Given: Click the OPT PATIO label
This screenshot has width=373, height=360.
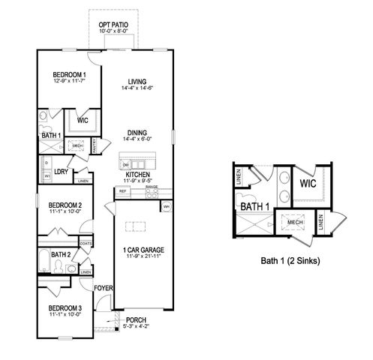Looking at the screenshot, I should (x=113, y=25).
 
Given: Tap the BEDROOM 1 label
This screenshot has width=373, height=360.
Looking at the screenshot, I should (x=69, y=75).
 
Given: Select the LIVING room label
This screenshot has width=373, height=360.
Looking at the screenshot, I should (x=137, y=82).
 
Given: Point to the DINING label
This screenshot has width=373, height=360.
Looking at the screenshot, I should (x=137, y=132).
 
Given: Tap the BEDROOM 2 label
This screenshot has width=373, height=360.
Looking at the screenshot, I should (x=65, y=205).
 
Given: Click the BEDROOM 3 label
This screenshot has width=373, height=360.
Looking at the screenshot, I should (x=65, y=308).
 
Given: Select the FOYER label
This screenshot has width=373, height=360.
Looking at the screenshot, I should (x=102, y=288).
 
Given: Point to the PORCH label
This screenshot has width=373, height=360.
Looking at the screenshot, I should (x=136, y=319).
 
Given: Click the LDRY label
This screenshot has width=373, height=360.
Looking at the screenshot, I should (x=62, y=171).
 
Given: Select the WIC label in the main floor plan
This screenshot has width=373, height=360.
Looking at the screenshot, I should (x=83, y=120).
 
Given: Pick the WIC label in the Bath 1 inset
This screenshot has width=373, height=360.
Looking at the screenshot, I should (x=308, y=182).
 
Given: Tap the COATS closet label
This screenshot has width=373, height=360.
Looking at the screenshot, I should (x=86, y=243).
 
